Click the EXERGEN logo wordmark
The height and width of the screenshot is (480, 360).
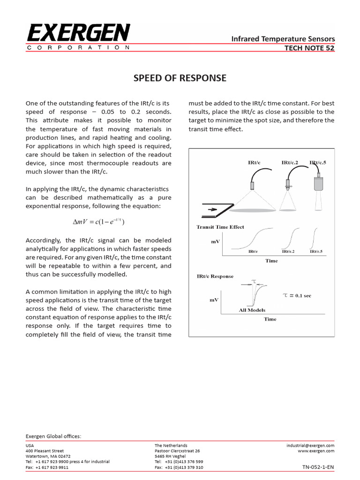78,33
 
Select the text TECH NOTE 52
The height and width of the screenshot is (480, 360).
310,48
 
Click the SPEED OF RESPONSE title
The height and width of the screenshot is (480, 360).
180,78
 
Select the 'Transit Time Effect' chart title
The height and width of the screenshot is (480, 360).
220,227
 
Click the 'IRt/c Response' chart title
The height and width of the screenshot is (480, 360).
215,277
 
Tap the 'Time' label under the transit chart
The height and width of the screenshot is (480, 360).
271,261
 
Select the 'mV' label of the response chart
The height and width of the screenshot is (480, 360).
214,299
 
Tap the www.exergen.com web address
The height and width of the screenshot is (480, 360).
316,451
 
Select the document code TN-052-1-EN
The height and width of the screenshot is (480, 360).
319,467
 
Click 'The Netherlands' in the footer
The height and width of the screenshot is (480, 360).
171,445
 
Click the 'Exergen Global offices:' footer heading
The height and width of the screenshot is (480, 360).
53,436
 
